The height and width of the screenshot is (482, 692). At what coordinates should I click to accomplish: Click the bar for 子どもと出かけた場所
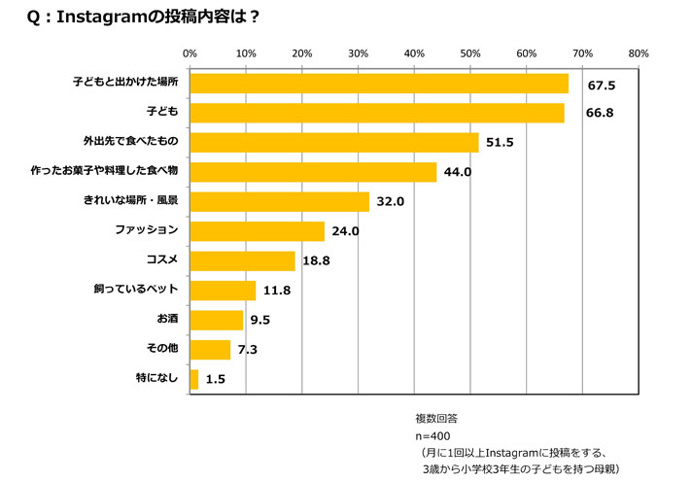click(x=379, y=84)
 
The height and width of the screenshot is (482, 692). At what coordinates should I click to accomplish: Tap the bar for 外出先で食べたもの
click(x=334, y=143)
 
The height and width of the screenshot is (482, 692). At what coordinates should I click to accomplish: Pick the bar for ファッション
click(x=258, y=231)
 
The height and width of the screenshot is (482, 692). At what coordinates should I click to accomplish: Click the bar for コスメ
click(x=243, y=260)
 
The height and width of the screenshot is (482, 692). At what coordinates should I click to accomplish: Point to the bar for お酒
click(x=217, y=320)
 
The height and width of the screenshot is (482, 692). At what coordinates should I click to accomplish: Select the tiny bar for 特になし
click(x=194, y=379)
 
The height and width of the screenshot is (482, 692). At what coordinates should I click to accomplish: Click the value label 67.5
click(x=603, y=85)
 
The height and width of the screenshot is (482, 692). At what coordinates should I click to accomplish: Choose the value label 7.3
click(x=247, y=349)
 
